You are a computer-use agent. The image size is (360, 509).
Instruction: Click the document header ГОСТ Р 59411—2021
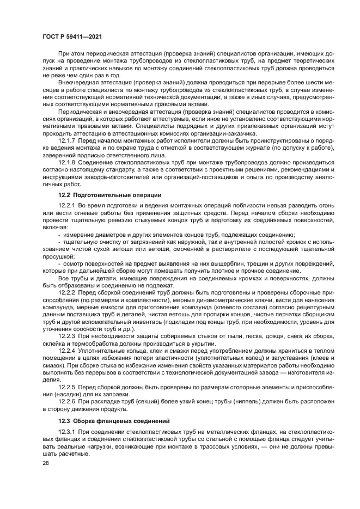(x=72, y=35)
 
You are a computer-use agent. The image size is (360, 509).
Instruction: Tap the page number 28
(x=46, y=463)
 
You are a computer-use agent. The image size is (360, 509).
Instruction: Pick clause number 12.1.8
(x=68, y=162)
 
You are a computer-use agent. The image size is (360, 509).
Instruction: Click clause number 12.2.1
(x=68, y=205)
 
